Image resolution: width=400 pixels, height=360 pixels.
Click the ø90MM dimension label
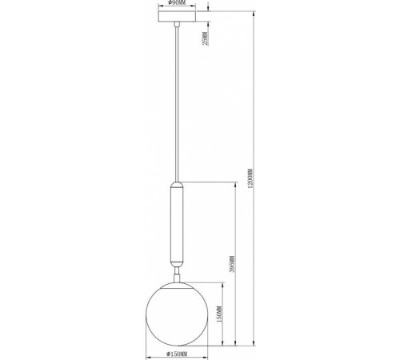176,3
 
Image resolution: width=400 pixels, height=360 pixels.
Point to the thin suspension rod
176,104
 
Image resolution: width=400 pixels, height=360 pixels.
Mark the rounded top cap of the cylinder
176,184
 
